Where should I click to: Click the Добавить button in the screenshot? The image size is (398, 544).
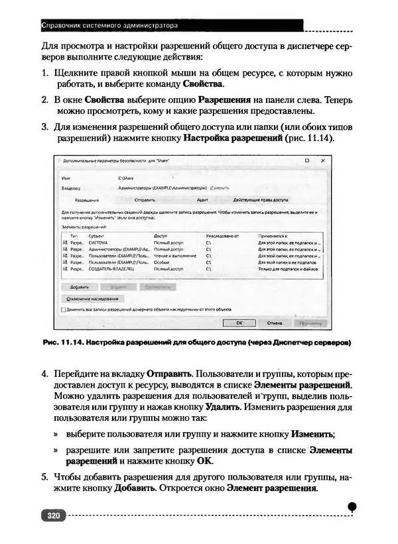(80, 288)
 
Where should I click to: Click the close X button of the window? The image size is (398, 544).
(323, 161)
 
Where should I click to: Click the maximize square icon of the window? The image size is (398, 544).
(307, 161)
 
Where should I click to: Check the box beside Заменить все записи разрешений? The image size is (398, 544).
(63, 309)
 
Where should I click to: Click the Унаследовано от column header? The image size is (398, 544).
(222, 235)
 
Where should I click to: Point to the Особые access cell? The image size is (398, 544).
(163, 262)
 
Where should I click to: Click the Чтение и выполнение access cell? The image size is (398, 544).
(174, 256)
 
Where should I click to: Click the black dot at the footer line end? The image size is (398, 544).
(352, 506)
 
